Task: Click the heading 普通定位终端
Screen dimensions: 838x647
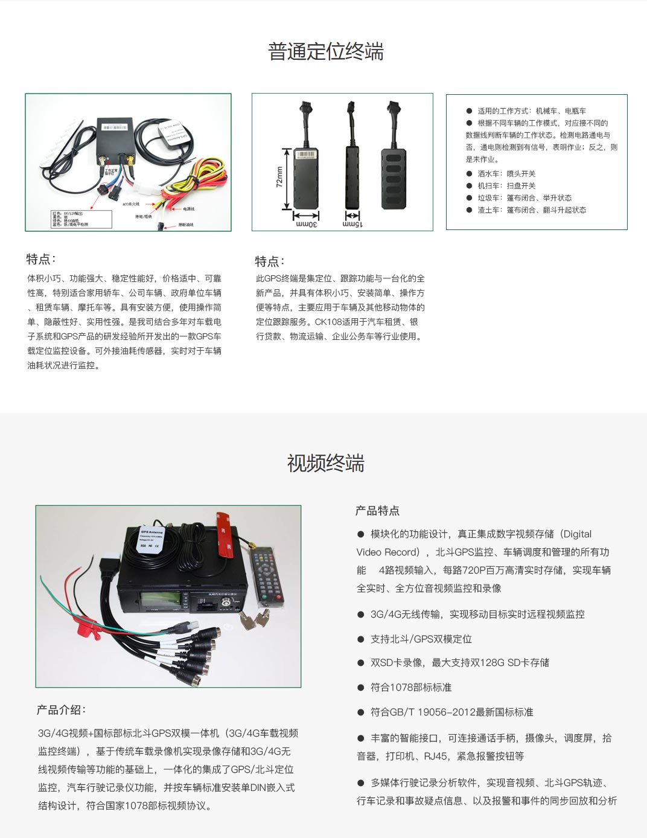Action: [325, 52]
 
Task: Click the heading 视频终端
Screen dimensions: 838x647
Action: [325, 464]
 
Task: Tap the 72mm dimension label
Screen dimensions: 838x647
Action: [279, 177]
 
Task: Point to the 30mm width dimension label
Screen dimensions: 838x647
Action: [307, 224]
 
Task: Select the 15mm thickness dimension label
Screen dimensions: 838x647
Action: [352, 224]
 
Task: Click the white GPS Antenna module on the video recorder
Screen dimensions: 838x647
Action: [150, 538]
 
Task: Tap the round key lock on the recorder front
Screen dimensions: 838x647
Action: [226, 603]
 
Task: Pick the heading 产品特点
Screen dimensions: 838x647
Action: [377, 511]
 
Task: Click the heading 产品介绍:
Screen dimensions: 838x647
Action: [61, 710]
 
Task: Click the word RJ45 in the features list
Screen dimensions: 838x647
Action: [435, 756]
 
